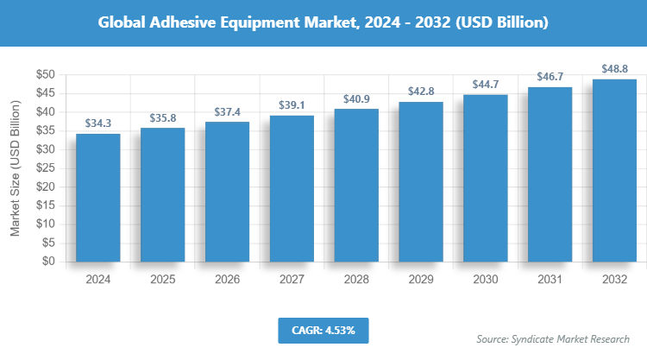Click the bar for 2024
[x=97, y=198]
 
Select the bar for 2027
[x=292, y=188]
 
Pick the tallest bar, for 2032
[x=614, y=170]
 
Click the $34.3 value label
[x=97, y=124]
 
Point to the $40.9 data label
[x=356, y=99]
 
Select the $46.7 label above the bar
[x=550, y=78]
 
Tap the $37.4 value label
[x=227, y=112]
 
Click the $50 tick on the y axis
[x=46, y=75]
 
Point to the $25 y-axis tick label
[x=46, y=168]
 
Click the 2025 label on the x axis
[x=162, y=280]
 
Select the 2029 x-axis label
[x=421, y=280]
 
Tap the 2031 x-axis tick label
[x=550, y=280]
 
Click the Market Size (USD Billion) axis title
[x=15, y=168]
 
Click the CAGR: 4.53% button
[x=323, y=330]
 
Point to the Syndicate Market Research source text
[x=553, y=338]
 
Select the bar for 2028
[x=356, y=185]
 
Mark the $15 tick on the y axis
[x=46, y=205]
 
